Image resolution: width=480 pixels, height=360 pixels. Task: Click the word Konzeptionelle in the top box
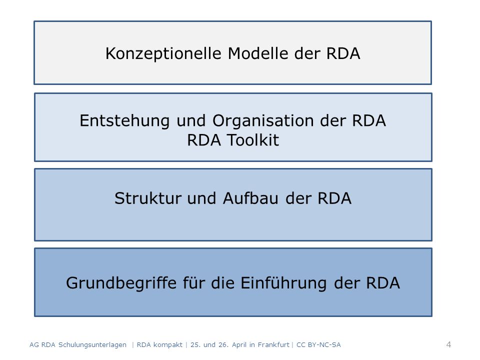(163, 53)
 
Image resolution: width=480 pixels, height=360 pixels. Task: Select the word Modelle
(258, 53)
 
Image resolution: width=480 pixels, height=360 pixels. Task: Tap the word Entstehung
(124, 120)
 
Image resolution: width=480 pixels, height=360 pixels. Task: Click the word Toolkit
(253, 140)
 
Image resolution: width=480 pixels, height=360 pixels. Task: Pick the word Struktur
(148, 198)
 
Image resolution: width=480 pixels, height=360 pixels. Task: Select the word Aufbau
(250, 198)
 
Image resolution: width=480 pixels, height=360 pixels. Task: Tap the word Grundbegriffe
(121, 283)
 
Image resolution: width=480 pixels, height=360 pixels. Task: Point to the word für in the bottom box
(194, 282)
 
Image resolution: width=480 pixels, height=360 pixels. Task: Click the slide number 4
(449, 344)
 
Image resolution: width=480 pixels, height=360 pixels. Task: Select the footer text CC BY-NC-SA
(318, 344)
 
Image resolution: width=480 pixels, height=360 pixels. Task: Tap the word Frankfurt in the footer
(273, 344)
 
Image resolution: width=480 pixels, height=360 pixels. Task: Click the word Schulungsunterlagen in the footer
(92, 345)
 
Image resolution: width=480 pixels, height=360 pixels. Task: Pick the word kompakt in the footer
(168, 345)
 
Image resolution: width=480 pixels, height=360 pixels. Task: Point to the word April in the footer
(239, 345)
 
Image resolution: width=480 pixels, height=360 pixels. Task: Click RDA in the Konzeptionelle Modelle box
(343, 53)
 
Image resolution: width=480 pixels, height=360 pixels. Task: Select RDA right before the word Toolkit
(204, 140)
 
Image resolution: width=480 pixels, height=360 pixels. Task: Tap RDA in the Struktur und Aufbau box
(334, 198)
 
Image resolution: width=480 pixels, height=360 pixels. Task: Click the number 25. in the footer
(195, 344)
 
